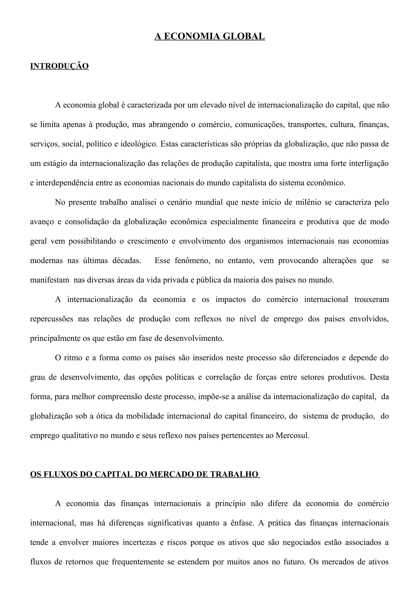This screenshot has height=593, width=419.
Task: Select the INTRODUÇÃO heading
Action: pos(59,66)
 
